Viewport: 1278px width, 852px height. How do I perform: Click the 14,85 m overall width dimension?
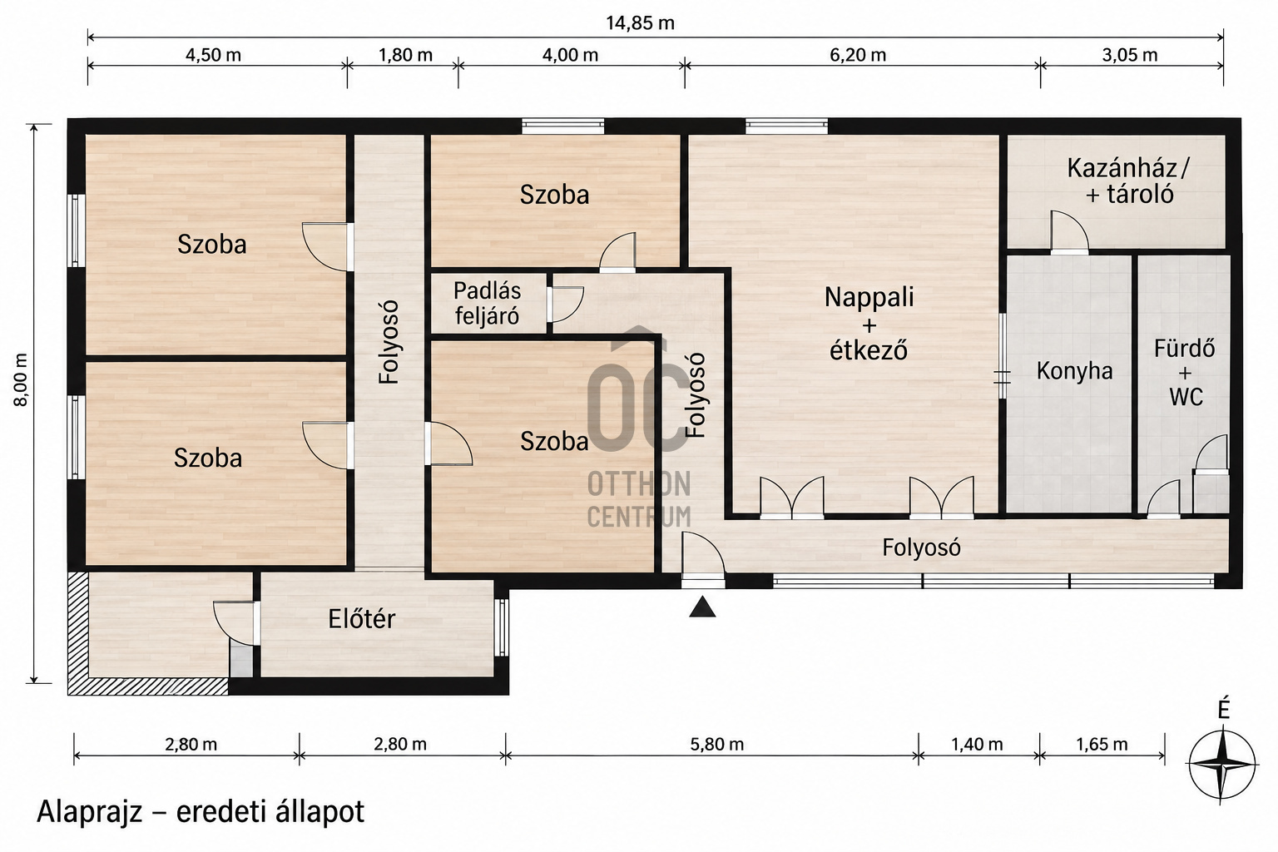coord(640,23)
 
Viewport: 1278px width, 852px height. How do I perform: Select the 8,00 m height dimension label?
coord(21,380)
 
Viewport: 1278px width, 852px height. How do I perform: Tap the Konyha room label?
coord(1074,371)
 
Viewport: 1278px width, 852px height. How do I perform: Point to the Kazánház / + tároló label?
coord(1128,181)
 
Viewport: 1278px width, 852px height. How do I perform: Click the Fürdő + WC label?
coord(1185,373)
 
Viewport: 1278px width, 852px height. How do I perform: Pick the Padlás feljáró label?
coord(488,304)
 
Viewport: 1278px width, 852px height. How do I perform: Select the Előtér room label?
coord(362,619)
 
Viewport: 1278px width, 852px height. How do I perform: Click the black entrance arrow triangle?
coord(702,607)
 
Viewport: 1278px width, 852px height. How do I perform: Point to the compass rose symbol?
coord(1222,764)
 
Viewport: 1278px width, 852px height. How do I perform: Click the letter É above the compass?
coord(1222,710)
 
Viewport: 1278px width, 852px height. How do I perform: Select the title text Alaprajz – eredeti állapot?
coord(201,812)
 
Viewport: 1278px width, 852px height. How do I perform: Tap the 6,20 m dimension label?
coord(858,56)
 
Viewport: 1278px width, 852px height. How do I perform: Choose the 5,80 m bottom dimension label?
coord(716,744)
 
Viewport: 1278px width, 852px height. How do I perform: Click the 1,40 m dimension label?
coord(977,744)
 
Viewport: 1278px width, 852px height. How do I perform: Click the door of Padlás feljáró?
coord(565,305)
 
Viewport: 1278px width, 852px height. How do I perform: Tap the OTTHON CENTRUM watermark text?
coord(639,499)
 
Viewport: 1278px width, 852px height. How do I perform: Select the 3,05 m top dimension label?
coord(1130,56)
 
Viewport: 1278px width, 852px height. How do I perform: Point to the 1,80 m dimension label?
coord(405,56)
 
